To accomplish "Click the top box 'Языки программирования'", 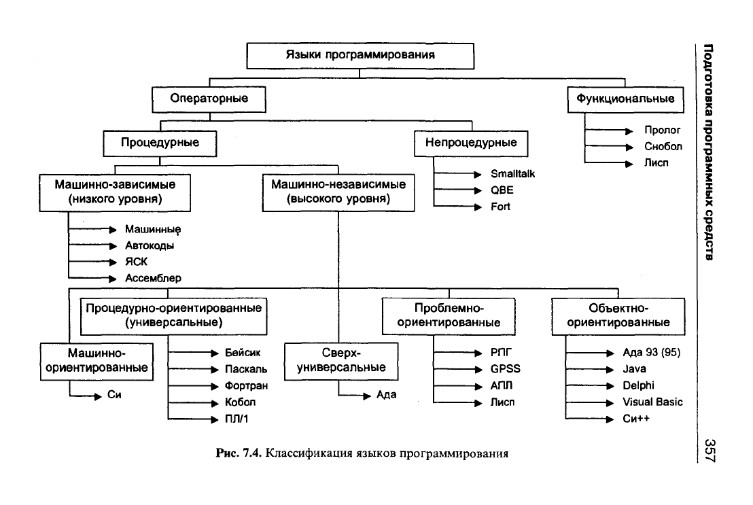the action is click(360, 56).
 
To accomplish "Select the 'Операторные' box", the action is click(209, 99).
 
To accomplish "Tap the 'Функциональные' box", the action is click(625, 99).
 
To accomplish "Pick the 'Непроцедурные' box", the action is click(471, 143).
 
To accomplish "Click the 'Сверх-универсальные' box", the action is click(341, 362).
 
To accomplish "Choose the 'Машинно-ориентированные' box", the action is click(97, 362).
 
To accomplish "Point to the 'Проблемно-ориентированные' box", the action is click(449, 316).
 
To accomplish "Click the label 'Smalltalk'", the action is click(512, 174).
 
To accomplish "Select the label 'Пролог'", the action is click(662, 130).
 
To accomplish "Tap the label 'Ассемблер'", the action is click(153, 278).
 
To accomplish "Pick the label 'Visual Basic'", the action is click(652, 402).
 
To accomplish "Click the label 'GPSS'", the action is click(505, 369).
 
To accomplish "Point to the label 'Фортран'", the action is click(247, 386).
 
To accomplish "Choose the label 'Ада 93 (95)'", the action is click(652, 353).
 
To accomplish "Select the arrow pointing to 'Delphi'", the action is click(590, 386).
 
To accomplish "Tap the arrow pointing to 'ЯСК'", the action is click(92, 262).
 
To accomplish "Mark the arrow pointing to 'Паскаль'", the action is click(193, 370).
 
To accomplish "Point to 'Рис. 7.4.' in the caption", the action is click(239, 453).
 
